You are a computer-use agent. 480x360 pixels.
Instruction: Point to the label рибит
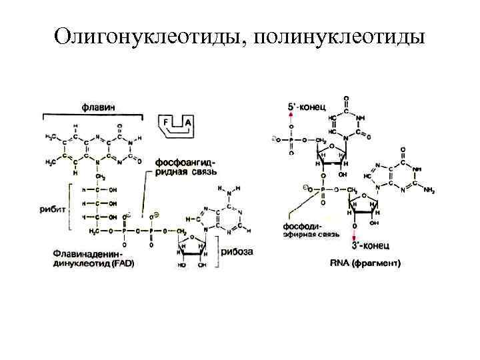coord(58,209)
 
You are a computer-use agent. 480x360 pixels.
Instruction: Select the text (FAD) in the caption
coord(122,263)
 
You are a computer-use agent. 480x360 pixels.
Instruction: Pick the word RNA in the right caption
coord(341,264)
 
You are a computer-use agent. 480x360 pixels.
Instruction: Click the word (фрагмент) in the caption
coord(377,264)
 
